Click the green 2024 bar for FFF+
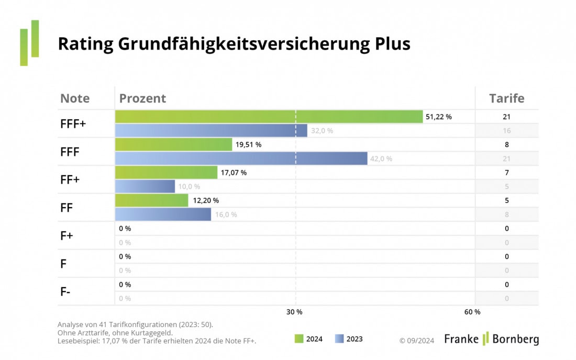269,117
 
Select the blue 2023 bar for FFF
241,159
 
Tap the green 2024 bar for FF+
166,173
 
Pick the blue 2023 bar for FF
163,215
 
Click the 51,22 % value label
438,117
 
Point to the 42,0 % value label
381,159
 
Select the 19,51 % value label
248,145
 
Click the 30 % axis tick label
294,312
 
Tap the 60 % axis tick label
472,312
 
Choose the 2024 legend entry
308,339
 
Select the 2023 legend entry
348,339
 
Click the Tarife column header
506,98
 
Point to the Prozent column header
142,98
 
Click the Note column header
75,98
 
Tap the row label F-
65,292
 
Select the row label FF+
70,179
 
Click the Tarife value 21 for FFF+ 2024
506,117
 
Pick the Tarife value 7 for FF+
506,173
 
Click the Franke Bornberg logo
491,339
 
